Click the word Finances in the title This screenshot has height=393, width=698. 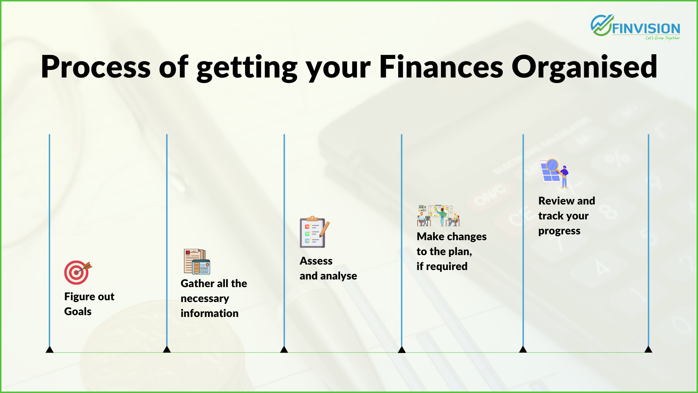pyautogui.click(x=441, y=67)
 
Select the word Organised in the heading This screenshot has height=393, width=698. pyautogui.click(x=584, y=68)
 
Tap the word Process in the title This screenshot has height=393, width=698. pyautogui.click(x=96, y=67)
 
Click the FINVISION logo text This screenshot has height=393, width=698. pyautogui.click(x=646, y=28)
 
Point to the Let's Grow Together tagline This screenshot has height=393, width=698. pyautogui.click(x=662, y=38)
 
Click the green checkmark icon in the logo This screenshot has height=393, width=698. pyautogui.click(x=602, y=25)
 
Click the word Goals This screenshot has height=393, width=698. pyautogui.click(x=78, y=311)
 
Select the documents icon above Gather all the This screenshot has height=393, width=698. pyautogui.click(x=197, y=261)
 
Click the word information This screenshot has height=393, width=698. pyautogui.click(x=209, y=313)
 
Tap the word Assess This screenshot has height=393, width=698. pyautogui.click(x=316, y=261)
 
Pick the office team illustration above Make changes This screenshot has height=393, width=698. pyautogui.click(x=438, y=215)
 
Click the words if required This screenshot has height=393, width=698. pyautogui.click(x=442, y=266)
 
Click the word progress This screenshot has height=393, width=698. pyautogui.click(x=559, y=231)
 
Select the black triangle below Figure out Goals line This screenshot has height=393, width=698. pyautogui.click(x=49, y=349)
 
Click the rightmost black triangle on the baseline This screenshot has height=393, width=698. pyautogui.click(x=648, y=349)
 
